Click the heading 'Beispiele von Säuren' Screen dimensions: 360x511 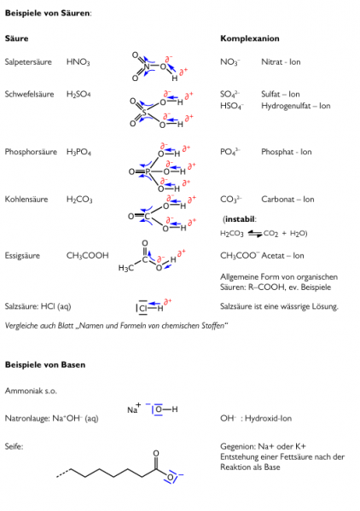tap(48, 14)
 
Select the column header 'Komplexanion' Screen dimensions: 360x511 tap(250, 38)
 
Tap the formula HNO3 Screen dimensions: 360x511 tap(78, 62)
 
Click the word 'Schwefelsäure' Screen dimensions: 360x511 tap(29, 94)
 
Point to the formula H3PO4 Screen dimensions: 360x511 tap(78, 152)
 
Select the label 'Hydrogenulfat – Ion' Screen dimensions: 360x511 tap(296, 106)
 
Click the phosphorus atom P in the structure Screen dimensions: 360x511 tap(148, 171)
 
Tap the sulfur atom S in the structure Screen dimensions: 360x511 tap(144, 113)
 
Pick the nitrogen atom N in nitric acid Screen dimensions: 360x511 tap(147, 67)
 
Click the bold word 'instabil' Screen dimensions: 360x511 tap(240, 219)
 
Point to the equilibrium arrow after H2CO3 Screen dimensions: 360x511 tap(255, 234)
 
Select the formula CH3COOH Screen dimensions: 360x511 tap(87, 256)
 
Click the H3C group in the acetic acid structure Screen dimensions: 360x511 tap(125, 268)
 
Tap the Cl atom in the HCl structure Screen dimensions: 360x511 tap(143, 308)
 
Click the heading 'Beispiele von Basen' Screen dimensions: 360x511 tap(45, 364)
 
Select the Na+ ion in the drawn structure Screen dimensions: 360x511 tap(134, 409)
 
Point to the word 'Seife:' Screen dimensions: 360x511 tap(14, 446)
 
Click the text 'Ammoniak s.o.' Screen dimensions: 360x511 tap(31, 391)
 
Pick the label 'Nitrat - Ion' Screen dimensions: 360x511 tap(281, 62)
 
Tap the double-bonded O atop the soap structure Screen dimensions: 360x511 tap(156, 453)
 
